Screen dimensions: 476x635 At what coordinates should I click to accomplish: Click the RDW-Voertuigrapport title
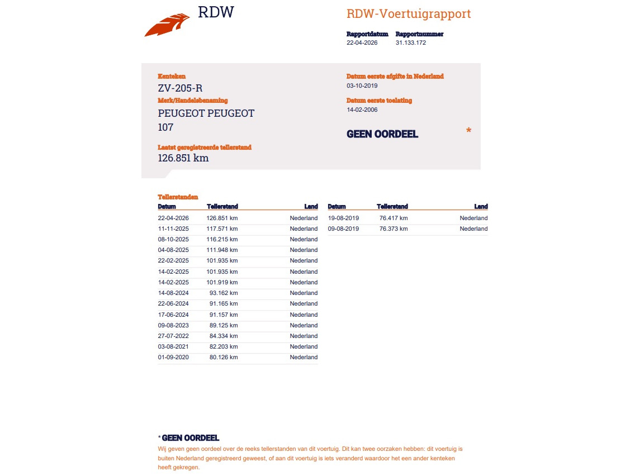pos(409,14)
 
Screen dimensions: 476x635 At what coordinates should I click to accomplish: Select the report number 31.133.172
pos(411,42)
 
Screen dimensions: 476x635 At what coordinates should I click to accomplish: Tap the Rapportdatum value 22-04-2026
pos(362,42)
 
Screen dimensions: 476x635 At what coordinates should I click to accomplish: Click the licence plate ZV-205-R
pos(181,88)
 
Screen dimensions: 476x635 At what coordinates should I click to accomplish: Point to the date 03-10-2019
pos(362,85)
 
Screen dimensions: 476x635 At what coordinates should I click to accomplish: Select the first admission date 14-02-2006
pos(362,110)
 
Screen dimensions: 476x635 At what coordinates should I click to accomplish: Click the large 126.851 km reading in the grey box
pos(183,158)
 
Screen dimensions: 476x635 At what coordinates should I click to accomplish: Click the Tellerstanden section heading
pos(178,197)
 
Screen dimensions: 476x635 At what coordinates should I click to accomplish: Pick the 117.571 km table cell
pos(222,229)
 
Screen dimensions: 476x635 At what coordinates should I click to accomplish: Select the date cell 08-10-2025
pos(173,239)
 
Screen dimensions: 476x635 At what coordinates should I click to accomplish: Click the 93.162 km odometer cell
pos(224,293)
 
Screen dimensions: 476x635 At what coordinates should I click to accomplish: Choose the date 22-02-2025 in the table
pos(173,260)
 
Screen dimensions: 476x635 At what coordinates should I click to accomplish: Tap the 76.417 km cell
pos(393,218)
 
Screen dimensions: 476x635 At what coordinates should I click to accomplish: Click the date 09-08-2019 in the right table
pos(343,229)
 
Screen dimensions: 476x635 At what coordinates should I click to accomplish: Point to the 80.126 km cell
pos(224,357)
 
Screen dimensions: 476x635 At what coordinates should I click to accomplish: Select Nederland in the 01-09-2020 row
pos(304,357)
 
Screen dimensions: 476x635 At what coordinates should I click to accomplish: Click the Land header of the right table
pos(481,207)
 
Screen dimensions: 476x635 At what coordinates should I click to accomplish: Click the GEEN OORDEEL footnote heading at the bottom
pos(190,438)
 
